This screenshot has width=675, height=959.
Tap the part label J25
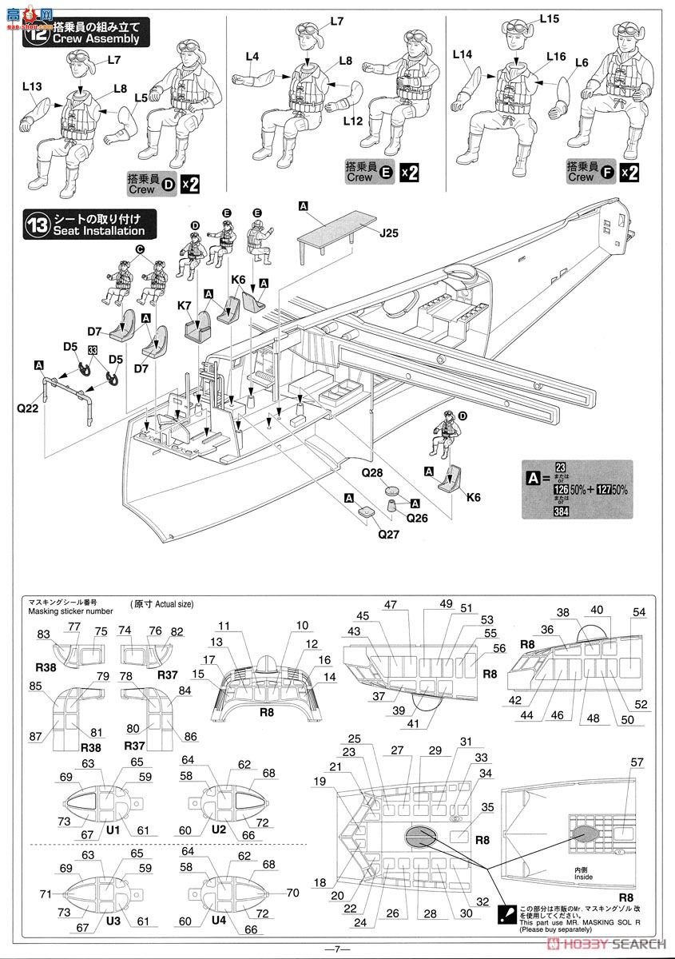pyautogui.click(x=390, y=234)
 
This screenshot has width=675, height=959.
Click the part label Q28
pyautogui.click(x=372, y=473)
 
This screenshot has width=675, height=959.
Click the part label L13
pyautogui.click(x=33, y=86)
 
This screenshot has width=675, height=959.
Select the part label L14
pyautogui.click(x=463, y=54)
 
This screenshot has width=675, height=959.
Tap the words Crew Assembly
pyautogui.click(x=97, y=38)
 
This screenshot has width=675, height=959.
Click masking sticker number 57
pyautogui.click(x=637, y=762)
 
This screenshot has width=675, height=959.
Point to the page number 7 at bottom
pyautogui.click(x=337, y=949)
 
